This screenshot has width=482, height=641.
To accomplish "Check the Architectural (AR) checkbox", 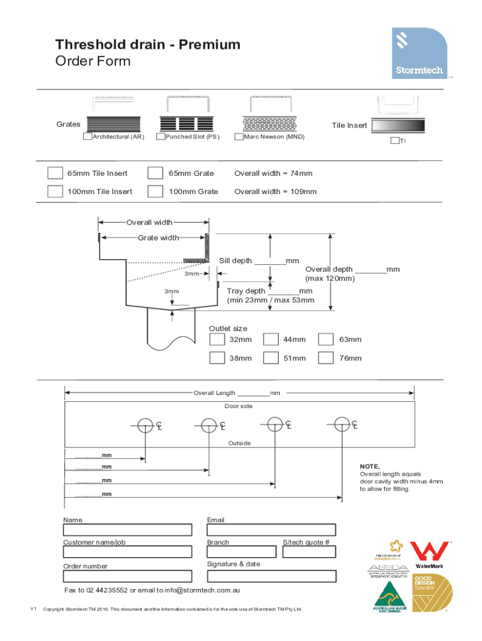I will (88, 136).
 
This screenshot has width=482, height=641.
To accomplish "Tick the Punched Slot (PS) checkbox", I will (161, 136).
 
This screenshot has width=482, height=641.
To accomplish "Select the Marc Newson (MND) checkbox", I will (238, 136).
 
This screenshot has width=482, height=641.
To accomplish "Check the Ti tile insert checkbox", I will (394, 141).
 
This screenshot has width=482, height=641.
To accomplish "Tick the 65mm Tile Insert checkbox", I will (55, 173).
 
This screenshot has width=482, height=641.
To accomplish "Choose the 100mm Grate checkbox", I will (155, 192).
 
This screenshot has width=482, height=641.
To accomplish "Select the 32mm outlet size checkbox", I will (217, 339).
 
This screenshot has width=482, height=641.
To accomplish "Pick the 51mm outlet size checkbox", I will (271, 358).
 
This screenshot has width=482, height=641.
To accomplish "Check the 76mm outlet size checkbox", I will (326, 358).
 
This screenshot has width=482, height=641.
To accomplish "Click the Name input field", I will (127, 530).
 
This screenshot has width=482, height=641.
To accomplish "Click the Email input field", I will (271, 530).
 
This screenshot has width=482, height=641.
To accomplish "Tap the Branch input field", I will (242, 551).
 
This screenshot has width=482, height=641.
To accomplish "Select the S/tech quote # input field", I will (309, 551).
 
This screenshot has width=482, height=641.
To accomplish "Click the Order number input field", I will (127, 576).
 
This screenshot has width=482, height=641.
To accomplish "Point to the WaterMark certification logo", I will (428, 555).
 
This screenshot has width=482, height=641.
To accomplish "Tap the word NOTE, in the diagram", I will (369, 466).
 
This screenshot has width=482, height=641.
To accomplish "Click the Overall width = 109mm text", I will (275, 192).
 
